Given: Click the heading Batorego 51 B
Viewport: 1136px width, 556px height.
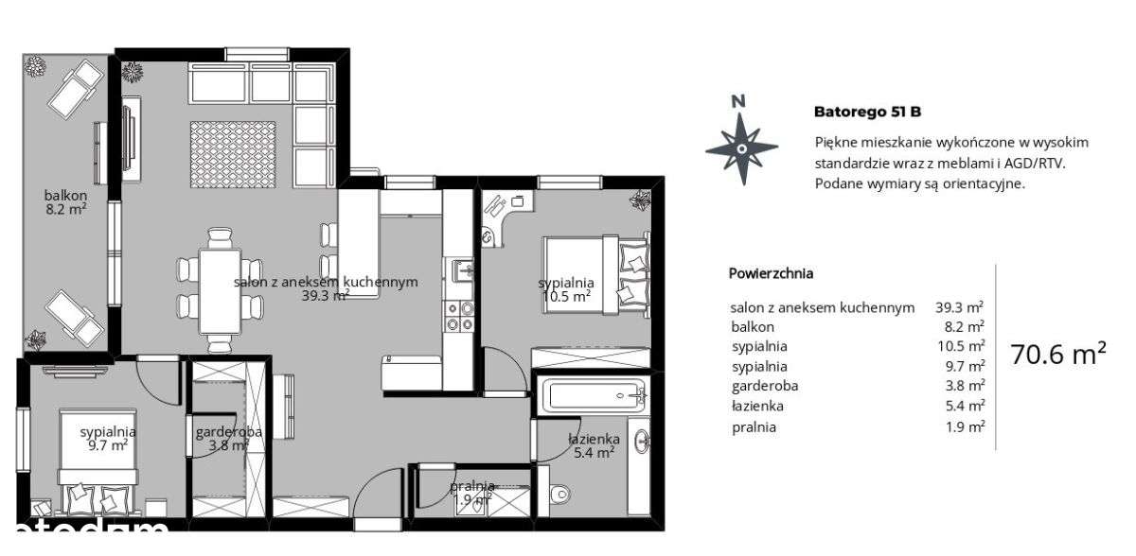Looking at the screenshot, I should tap(867, 112).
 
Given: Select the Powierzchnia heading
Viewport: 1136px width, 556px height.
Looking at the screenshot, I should tap(771, 273).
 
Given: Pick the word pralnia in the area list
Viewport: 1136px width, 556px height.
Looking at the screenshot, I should tap(753, 426).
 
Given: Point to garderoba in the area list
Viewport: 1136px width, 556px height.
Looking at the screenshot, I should tap(764, 386).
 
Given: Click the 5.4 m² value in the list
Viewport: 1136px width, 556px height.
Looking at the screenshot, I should tap(960, 407).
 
